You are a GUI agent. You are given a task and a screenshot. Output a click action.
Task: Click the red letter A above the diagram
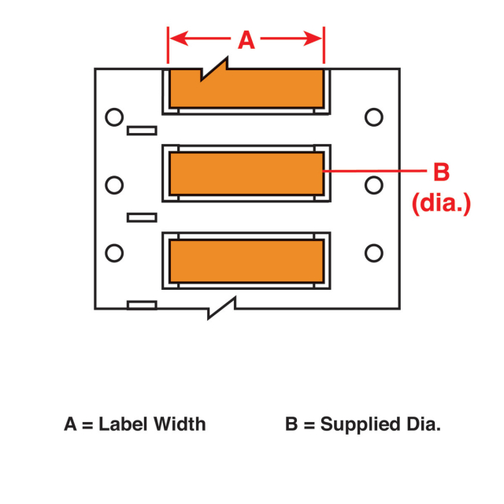click(246, 39)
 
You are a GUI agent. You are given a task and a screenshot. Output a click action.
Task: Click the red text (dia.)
click(441, 204)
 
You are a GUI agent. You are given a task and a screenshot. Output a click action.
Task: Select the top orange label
click(246, 89)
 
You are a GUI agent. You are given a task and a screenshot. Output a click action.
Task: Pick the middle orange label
click(246, 172)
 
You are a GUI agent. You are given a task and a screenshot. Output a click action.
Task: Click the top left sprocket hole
click(115, 118)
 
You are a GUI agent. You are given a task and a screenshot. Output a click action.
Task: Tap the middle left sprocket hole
click(115, 185)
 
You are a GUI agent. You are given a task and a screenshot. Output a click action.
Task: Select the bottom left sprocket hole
click(115, 253)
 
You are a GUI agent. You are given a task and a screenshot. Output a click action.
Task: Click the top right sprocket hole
click(374, 118)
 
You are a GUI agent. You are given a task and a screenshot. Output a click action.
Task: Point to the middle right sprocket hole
click(374, 185)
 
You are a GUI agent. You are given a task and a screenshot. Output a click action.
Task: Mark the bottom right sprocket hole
click(374, 253)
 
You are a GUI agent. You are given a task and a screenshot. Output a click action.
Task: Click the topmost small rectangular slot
click(142, 131)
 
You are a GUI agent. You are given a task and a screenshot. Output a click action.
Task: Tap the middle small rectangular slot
click(142, 217)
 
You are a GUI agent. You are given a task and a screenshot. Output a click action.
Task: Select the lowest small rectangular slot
click(142, 305)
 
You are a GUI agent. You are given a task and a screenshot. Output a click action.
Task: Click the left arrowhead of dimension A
click(176, 38)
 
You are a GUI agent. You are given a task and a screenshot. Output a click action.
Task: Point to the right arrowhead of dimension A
click(317, 38)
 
